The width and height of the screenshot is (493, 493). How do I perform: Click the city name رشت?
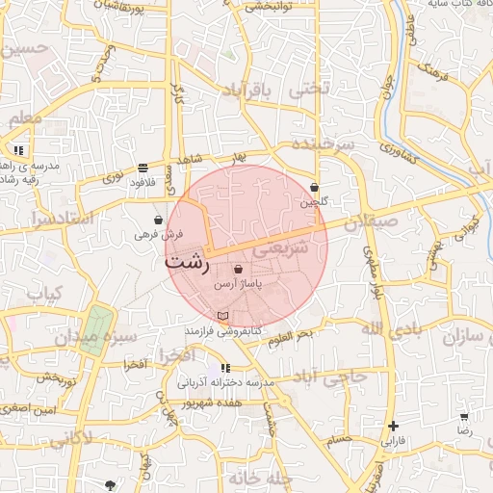tap(187, 262)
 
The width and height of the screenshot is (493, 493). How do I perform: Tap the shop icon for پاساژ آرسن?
tap(238, 270)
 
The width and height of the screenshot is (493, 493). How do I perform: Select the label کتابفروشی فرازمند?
tap(224, 330)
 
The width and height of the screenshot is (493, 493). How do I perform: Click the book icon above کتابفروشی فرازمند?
tap(223, 316)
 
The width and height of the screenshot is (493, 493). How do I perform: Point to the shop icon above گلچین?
tap(315, 188)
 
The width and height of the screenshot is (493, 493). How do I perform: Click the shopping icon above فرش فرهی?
tap(158, 221)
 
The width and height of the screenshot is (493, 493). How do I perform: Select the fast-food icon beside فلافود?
tap(143, 168)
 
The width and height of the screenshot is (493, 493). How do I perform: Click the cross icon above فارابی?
tap(393, 426)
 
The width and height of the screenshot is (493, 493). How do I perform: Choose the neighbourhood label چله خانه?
tap(259, 478)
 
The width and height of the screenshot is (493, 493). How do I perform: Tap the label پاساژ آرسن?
tap(238, 285)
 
